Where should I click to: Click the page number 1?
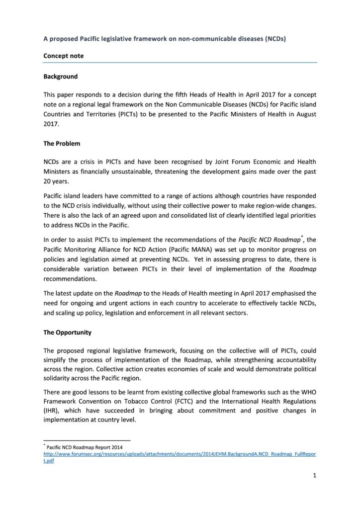click(x=315, y=480)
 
